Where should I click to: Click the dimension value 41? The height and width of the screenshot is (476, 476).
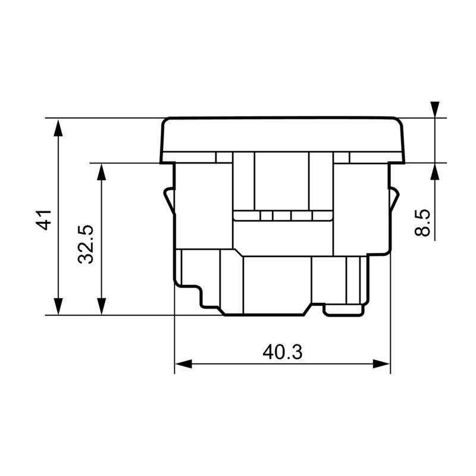(x=43, y=220)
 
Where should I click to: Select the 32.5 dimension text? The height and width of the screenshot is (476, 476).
(x=86, y=245)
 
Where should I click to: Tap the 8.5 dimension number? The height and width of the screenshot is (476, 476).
(x=422, y=223)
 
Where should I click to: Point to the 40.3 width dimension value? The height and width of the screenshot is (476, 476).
(x=283, y=352)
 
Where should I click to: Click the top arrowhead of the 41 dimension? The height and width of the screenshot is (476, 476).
(x=58, y=127)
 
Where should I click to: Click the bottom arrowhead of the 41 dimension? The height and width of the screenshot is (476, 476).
(x=58, y=306)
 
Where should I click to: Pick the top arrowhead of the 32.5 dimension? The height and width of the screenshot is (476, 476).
(x=102, y=172)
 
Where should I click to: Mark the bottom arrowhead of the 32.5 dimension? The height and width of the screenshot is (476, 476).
(x=102, y=306)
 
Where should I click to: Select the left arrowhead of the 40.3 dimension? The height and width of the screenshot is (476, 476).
(x=184, y=364)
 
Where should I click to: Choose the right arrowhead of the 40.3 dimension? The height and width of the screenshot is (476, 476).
(x=381, y=364)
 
